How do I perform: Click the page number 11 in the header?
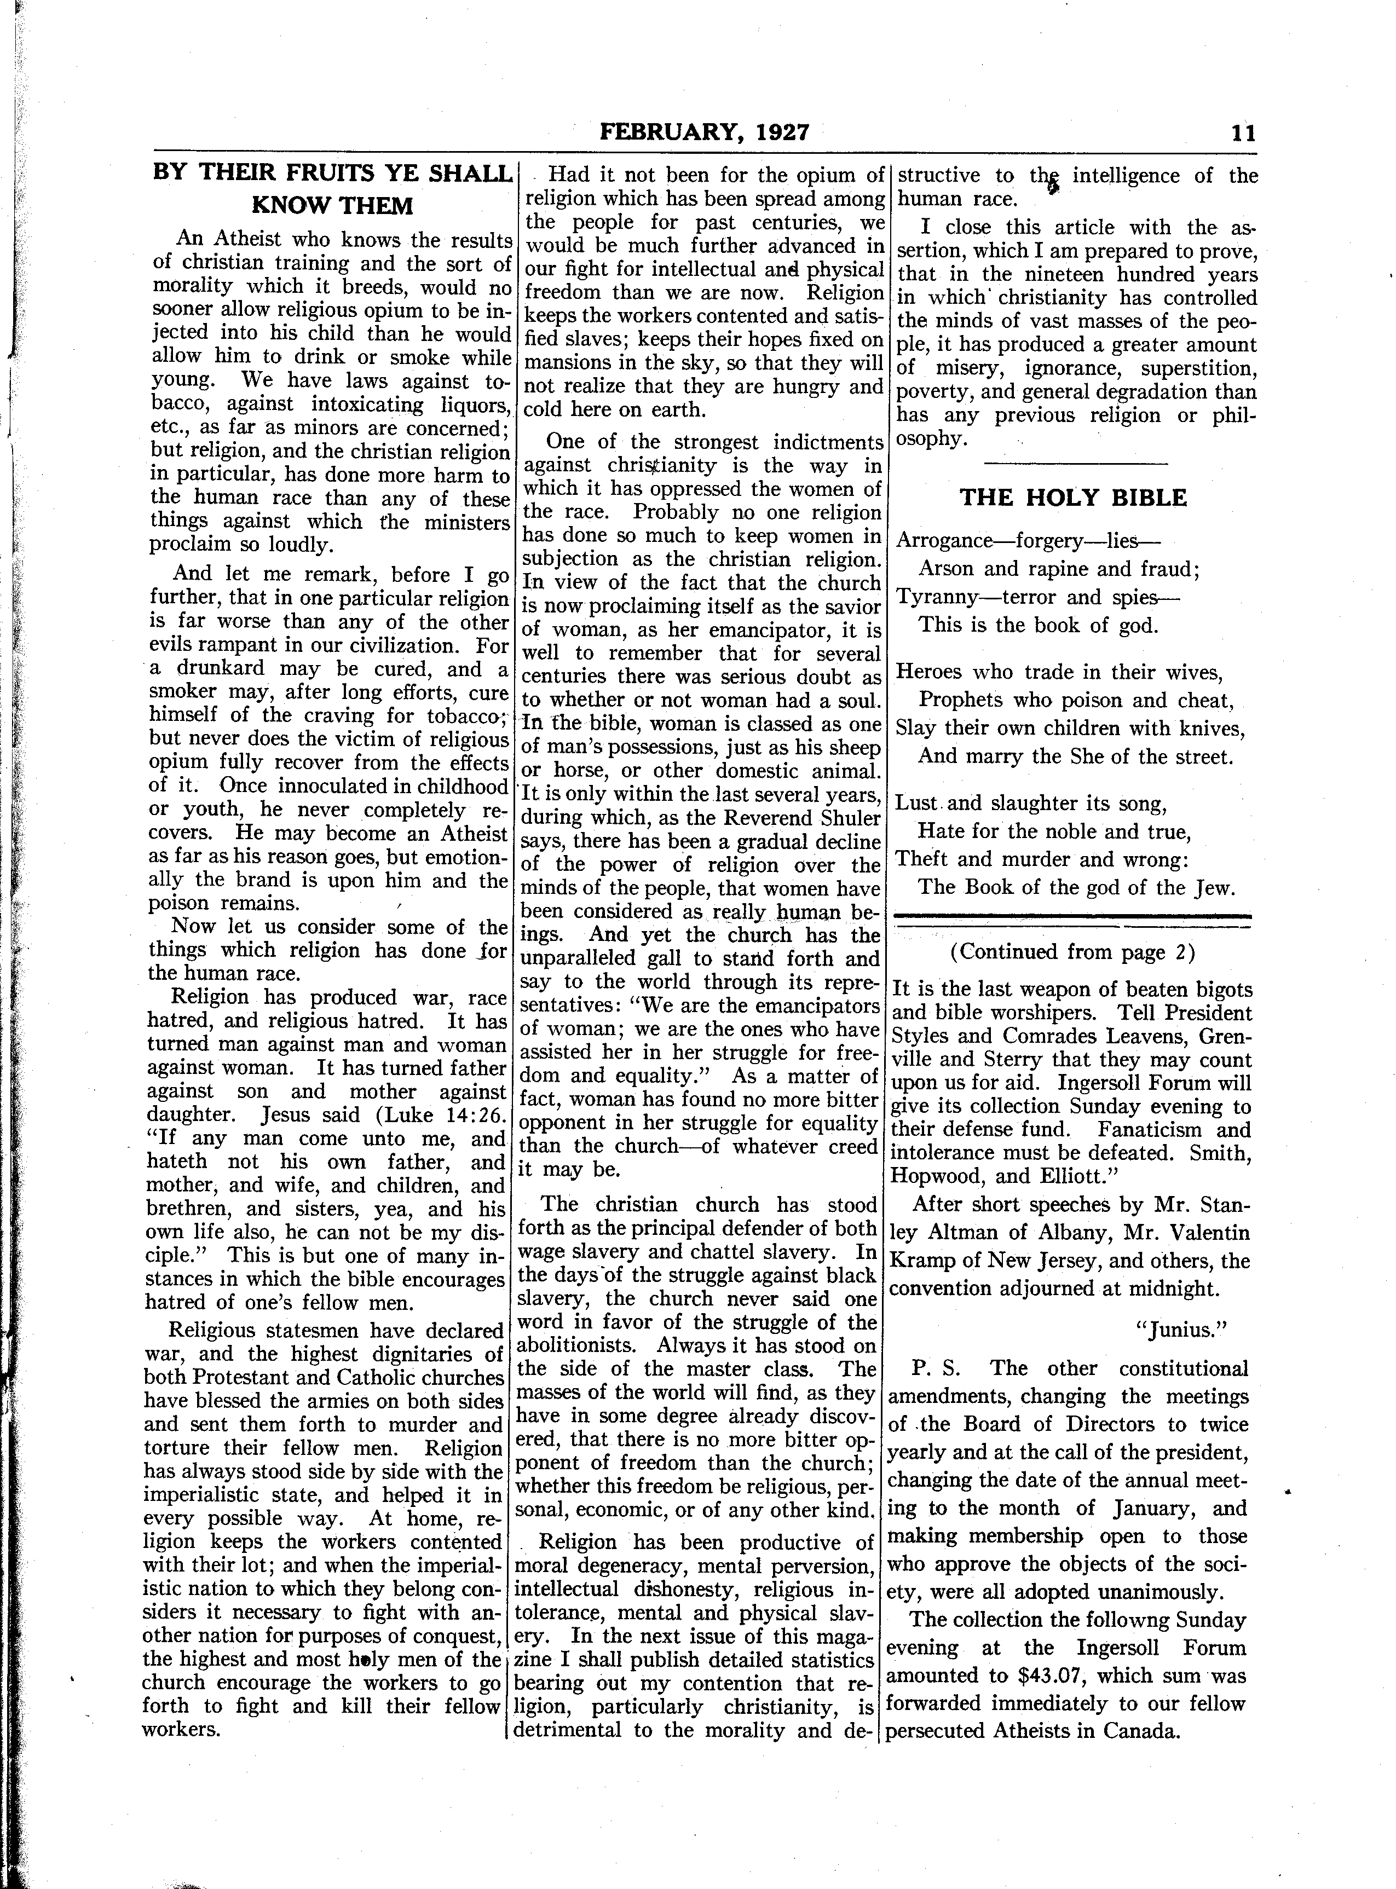point(1244,132)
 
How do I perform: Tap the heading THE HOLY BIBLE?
point(1073,498)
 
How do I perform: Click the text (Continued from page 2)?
point(1072,952)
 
